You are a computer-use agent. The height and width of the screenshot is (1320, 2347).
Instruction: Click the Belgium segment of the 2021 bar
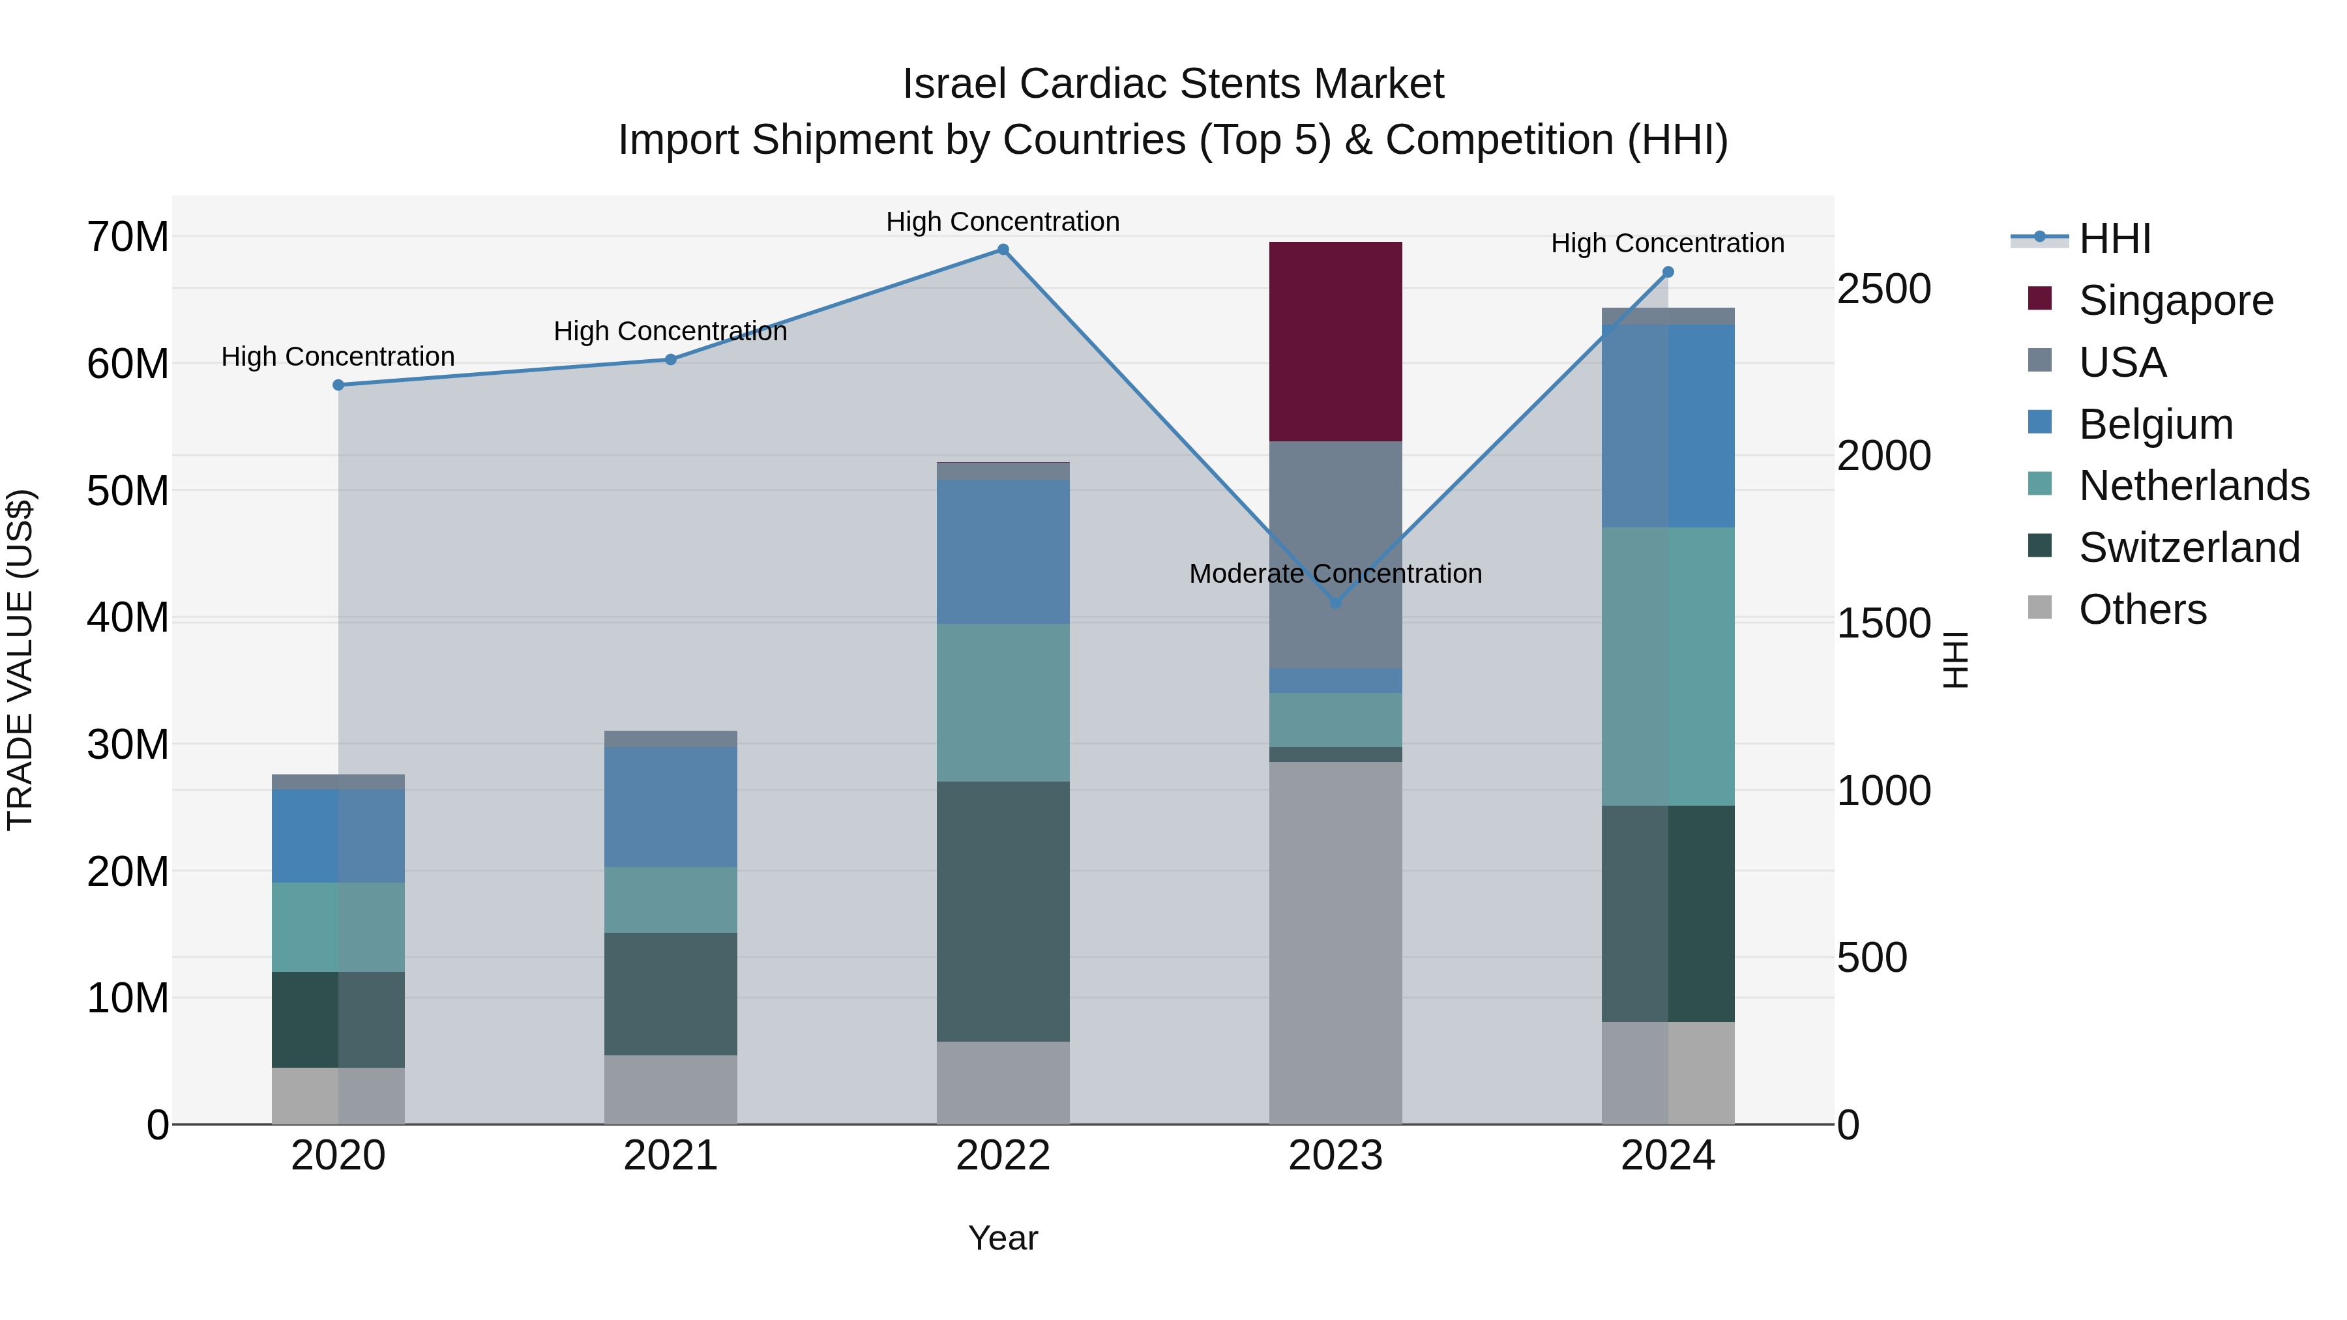671,806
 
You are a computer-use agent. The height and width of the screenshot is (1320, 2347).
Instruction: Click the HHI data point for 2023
1336,603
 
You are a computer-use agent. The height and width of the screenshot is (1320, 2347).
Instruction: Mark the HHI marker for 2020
338,385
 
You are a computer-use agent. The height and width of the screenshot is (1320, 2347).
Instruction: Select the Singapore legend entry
2176,301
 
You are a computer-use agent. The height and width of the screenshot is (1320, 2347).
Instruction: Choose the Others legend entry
2142,609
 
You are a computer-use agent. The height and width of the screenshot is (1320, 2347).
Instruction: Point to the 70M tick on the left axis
128,237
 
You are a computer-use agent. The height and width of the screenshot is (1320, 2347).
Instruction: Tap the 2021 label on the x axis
671,1156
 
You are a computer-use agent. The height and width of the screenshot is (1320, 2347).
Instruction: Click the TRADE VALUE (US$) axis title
21,660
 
